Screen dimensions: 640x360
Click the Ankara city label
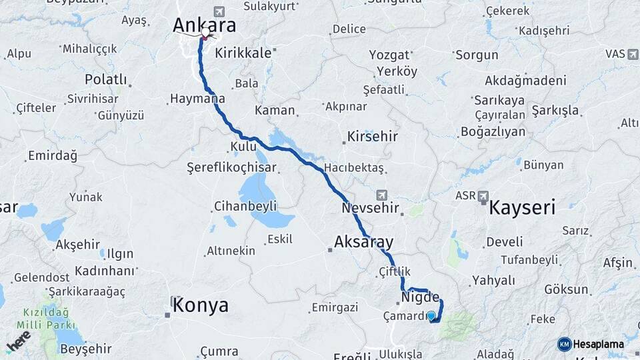pos(205,25)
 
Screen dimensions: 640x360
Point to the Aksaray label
pos(364,241)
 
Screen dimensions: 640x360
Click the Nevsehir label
pos(370,209)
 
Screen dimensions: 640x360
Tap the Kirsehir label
pos(372,137)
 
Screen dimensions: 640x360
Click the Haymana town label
pos(197,99)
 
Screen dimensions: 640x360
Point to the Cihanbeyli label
pos(245,206)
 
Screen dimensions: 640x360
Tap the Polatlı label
pos(105,79)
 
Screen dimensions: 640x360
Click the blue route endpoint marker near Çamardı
pos(431,316)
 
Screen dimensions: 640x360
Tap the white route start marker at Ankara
pos(205,32)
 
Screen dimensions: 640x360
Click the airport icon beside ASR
pos(483,196)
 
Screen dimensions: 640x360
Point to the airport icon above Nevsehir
pos(382,195)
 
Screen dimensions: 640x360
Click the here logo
pos(18,341)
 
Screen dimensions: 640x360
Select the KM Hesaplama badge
pos(591,344)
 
